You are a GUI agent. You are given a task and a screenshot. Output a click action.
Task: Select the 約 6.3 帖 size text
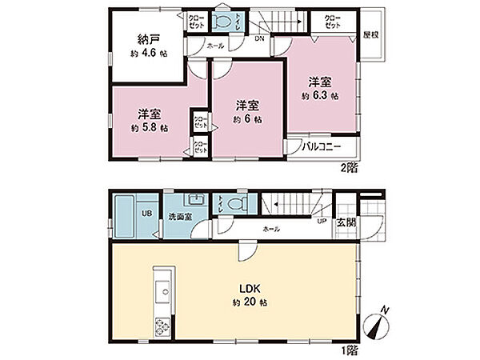(320, 95)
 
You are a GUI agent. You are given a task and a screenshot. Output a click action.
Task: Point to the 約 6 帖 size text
(246, 119)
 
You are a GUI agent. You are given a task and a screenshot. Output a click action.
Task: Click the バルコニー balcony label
(322, 147)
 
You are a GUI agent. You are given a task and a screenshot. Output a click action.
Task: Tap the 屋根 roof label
(370, 35)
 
